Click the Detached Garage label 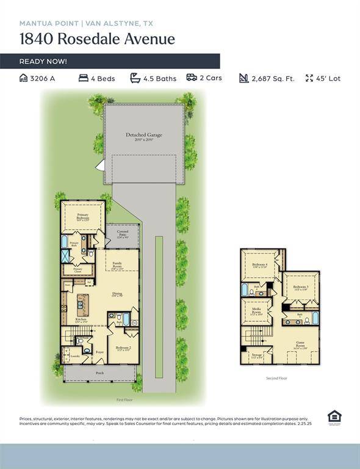pos(144,135)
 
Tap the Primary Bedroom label pos(83,217)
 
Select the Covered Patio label pos(123,233)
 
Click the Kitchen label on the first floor pos(81,319)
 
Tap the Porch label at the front pos(99,373)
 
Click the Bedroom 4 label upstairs pos(261,264)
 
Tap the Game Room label pos(300,344)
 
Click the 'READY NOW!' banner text pos(43,62)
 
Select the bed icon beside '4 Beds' pos(84,78)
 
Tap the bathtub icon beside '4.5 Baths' pos(135,78)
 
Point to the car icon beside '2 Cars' pos(191,78)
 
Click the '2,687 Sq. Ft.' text pos(273,79)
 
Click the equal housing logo pos(334,417)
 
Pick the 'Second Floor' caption pos(276,378)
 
